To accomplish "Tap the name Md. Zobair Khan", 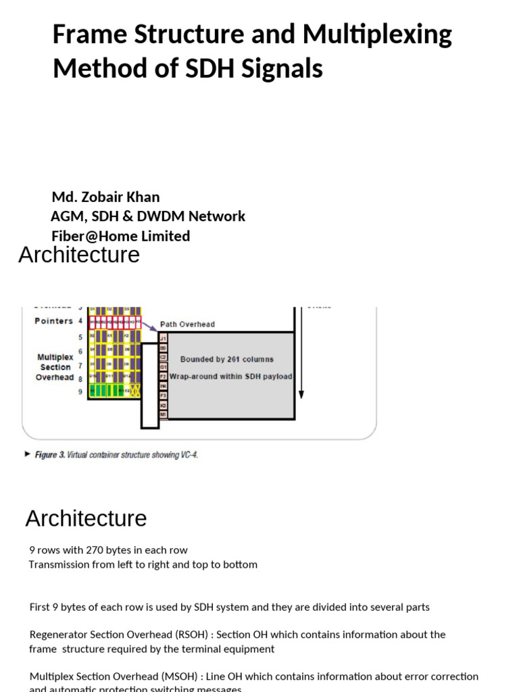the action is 106,197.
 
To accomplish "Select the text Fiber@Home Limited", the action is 121,236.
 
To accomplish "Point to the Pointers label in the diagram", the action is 53,321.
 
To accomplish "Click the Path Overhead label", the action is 187,324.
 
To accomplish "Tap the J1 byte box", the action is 163,338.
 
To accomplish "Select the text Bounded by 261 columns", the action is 226,360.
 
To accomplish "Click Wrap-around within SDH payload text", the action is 230,376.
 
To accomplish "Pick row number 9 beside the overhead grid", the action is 80,391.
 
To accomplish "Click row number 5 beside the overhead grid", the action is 80,337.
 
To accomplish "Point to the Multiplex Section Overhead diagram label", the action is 55,367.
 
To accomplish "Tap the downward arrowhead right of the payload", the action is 301,393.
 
